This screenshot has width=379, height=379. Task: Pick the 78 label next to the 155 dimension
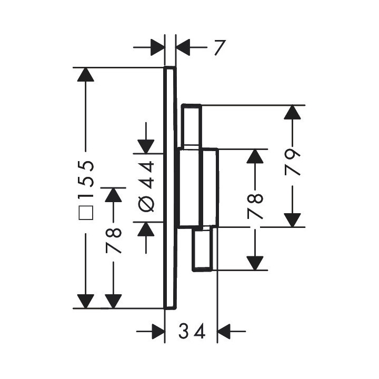114,240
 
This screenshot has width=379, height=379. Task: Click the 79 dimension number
292,163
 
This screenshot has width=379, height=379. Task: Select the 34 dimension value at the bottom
191,332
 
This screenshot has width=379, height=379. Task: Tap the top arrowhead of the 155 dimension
85,74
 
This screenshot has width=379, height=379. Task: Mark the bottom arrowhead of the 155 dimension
85,302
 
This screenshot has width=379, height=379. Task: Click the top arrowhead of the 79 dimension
292,112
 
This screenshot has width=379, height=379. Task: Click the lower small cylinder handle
203,250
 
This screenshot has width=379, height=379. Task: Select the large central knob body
197,187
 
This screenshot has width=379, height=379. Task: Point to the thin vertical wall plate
169,187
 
